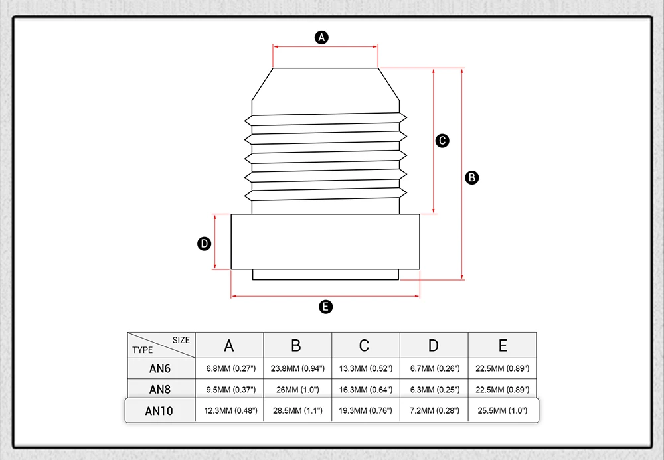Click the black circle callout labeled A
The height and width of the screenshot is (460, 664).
click(322, 37)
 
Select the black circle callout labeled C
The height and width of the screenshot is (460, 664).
click(442, 141)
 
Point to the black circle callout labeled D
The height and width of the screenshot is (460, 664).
click(205, 244)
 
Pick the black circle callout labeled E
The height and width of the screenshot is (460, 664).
click(325, 307)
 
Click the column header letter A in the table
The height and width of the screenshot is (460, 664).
click(229, 345)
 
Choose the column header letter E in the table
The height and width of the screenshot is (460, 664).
click(503, 345)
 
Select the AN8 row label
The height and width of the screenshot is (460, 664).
click(161, 389)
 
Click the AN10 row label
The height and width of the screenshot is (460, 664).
click(159, 411)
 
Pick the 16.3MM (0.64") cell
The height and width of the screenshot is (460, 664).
click(366, 389)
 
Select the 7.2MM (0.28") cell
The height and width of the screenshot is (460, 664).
click(434, 411)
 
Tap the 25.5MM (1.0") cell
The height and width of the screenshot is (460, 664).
click(503, 411)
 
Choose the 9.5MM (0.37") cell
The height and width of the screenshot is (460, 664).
click(229, 389)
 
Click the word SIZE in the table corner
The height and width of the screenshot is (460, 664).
click(181, 340)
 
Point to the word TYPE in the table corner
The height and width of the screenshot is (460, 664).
click(143, 350)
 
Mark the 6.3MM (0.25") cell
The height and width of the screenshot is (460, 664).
click(434, 389)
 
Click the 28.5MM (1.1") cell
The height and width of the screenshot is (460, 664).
click(297, 411)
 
